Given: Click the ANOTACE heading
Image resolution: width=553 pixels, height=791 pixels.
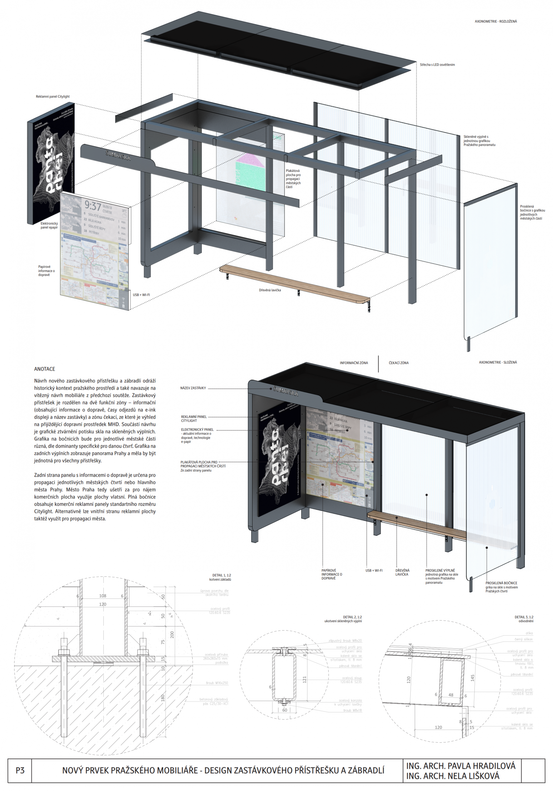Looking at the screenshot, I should pyautogui.click(x=44, y=369).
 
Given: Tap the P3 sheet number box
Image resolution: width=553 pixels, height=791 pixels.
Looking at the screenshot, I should pyautogui.click(x=20, y=770).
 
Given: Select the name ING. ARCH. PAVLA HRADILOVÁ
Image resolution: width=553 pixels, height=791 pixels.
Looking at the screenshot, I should pyautogui.click(x=461, y=766).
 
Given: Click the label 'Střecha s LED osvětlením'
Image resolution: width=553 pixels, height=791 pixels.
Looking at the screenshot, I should pyautogui.click(x=437, y=65).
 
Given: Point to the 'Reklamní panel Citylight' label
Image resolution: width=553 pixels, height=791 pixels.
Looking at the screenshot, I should pyautogui.click(x=53, y=96).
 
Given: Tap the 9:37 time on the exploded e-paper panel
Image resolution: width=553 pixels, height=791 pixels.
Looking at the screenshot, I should pyautogui.click(x=93, y=206).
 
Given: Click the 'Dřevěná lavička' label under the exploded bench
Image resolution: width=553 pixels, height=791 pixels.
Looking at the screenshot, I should pyautogui.click(x=270, y=290).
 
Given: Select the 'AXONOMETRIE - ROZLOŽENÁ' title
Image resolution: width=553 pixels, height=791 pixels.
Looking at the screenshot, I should pyautogui.click(x=495, y=21).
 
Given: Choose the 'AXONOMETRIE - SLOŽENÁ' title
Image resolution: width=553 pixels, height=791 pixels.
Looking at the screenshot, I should pyautogui.click(x=497, y=362).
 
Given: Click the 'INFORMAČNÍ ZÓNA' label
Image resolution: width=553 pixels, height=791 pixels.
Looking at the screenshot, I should pyautogui.click(x=354, y=363).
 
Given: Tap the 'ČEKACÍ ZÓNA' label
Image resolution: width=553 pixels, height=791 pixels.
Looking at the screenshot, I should pyautogui.click(x=399, y=363).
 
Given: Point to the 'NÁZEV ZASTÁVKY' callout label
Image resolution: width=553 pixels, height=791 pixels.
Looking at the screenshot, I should pyautogui.click(x=193, y=388).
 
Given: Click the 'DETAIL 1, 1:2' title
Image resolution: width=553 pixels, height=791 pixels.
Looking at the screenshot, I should pyautogui.click(x=222, y=575).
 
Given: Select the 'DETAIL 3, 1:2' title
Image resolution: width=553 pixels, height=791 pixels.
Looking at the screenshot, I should pyautogui.click(x=524, y=617).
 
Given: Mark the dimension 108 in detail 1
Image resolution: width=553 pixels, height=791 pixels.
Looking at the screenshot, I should pyautogui.click(x=103, y=596).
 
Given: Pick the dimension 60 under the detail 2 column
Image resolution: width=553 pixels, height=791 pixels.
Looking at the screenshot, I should pyautogui.click(x=284, y=710).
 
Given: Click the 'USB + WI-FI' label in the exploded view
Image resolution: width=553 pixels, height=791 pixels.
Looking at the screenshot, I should pyautogui.click(x=141, y=295).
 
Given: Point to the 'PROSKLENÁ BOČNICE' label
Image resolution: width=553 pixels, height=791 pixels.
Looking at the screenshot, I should pyautogui.click(x=501, y=583).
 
